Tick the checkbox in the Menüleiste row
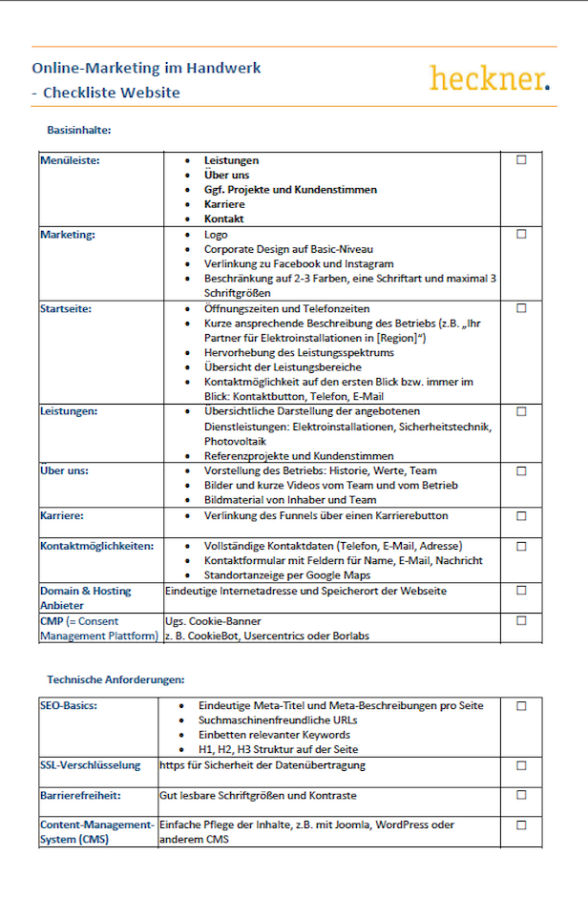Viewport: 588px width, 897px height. click(521, 160)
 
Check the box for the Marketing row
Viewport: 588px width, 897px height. click(521, 234)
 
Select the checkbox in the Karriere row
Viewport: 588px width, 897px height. click(521, 516)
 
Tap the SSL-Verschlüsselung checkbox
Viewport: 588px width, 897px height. click(521, 765)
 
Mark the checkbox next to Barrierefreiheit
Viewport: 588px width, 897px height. click(521, 795)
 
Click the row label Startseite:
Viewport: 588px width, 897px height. click(67, 309)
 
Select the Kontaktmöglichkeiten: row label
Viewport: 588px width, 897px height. click(96, 546)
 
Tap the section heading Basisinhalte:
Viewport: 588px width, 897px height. click(81, 129)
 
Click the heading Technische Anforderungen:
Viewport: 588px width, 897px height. click(115, 679)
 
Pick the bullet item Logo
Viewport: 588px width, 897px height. click(216, 234)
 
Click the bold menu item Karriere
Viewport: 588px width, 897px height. click(224, 204)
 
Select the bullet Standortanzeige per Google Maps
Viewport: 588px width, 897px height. click(294, 575)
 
